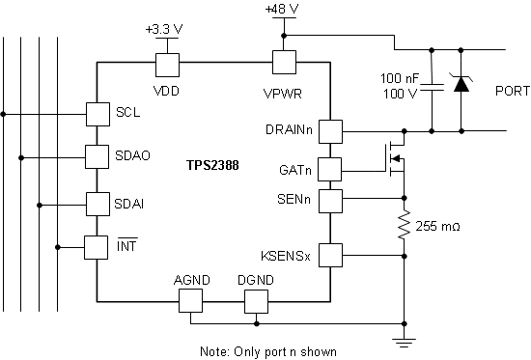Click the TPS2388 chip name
[212, 166]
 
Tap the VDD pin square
[168, 64]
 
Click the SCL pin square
[98, 113]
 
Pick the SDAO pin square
[98, 155]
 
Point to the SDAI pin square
[98, 204]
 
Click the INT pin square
[98, 247]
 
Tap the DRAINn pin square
[331, 130]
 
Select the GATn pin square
[331, 169]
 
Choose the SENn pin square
[331, 201]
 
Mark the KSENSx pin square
[331, 255]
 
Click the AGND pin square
[191, 301]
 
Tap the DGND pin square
[256, 301]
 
